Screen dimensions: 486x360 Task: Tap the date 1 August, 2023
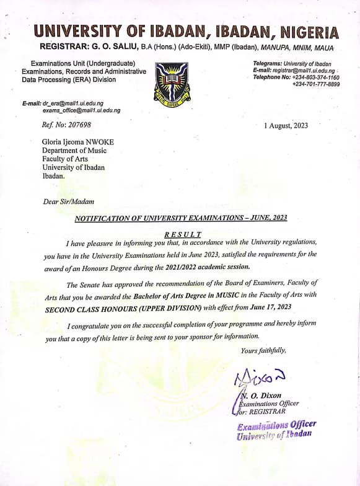286,125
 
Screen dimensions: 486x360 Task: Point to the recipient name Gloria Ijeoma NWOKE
77,142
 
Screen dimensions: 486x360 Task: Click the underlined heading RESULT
183,234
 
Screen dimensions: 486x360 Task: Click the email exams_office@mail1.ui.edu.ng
81,110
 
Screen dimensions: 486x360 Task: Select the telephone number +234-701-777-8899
316,84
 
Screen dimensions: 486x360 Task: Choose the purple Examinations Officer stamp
276,429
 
